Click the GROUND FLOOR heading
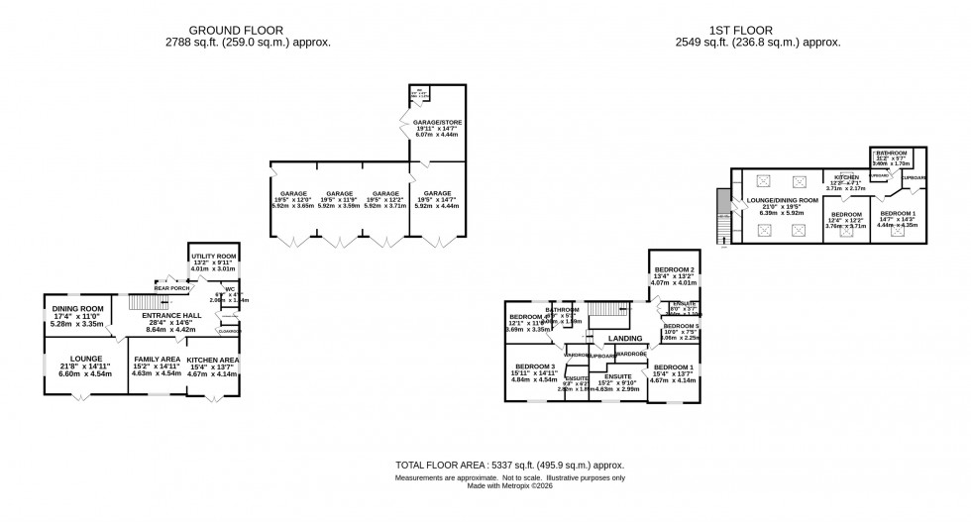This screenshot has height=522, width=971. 248,30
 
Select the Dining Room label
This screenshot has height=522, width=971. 77,308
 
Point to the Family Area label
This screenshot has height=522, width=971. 156,359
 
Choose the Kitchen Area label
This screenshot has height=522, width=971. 212,359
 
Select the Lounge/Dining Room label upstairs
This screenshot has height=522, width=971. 782,200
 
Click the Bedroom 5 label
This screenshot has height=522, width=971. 681,326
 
